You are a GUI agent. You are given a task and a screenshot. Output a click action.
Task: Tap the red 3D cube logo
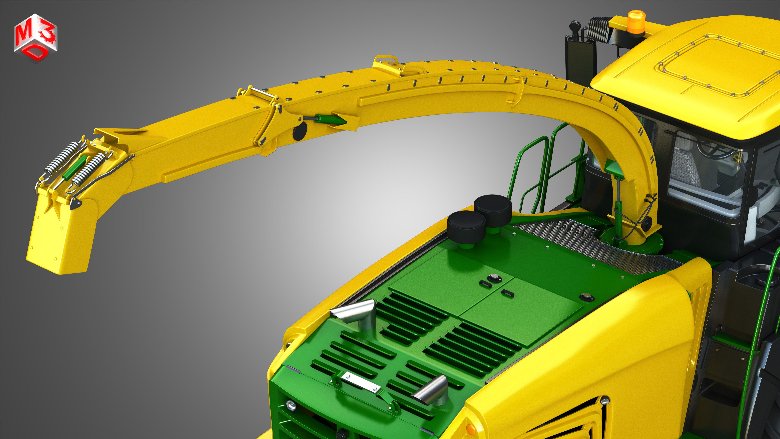click(x=35, y=38)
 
